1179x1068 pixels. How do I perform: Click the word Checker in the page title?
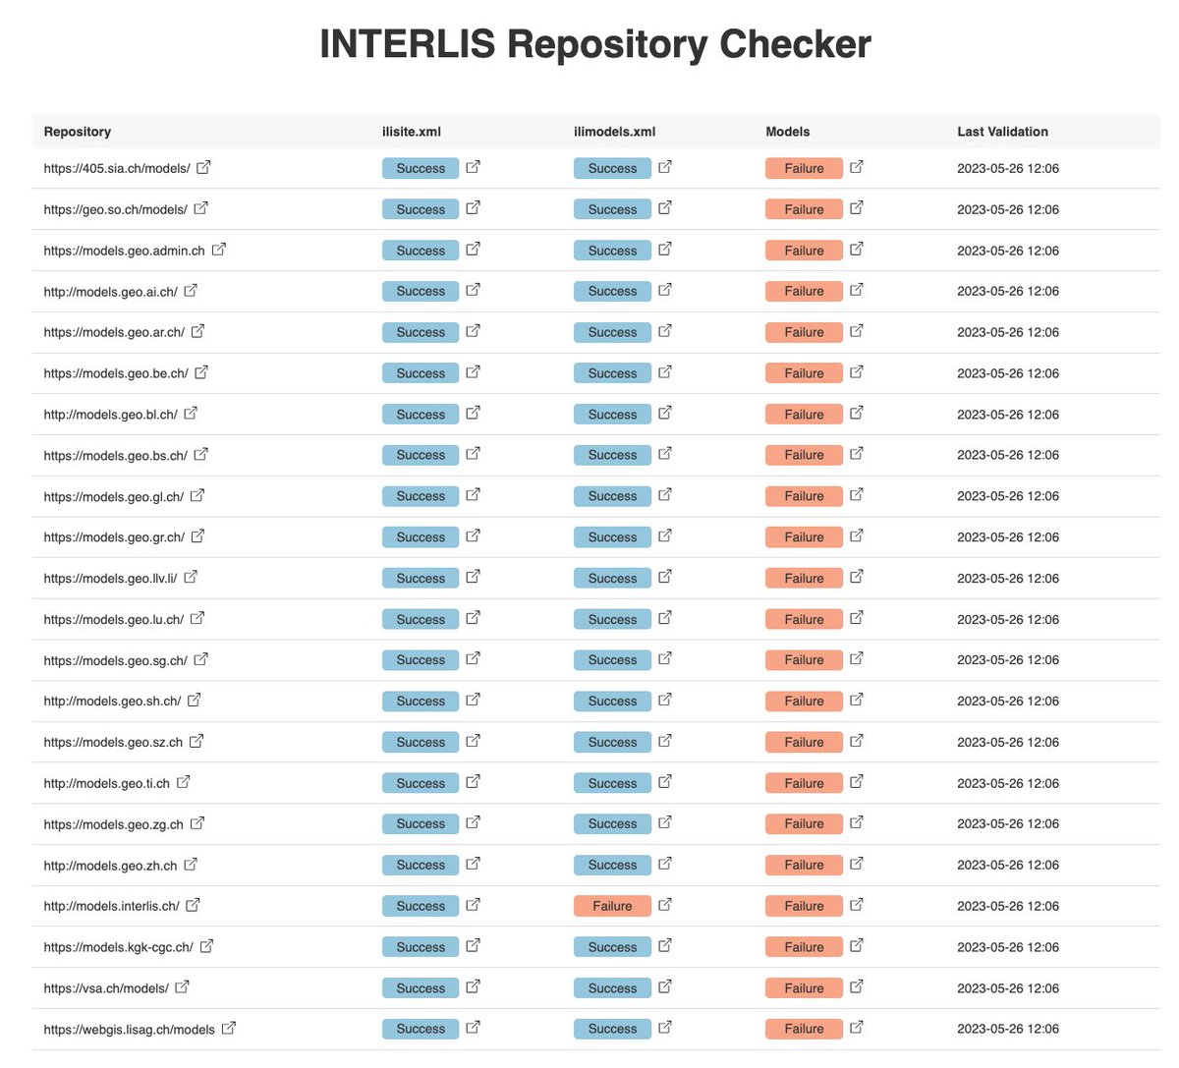coord(795,44)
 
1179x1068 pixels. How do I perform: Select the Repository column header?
coord(77,132)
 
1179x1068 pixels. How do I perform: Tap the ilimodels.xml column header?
coord(614,132)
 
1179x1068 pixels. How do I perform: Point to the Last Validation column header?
coord(1002,132)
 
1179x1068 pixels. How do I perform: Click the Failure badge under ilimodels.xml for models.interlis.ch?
coord(612,906)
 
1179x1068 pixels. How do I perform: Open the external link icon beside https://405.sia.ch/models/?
coord(203,167)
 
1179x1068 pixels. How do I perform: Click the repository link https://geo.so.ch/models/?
coord(115,209)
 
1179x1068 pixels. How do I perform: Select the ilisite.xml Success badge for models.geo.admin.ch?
coord(421,251)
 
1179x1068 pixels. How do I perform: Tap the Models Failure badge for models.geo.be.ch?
coord(804,373)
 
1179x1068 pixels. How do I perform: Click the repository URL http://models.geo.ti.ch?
coord(106,783)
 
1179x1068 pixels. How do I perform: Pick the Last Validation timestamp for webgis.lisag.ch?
coord(1007,1029)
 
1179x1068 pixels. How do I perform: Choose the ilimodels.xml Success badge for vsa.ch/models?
coord(612,988)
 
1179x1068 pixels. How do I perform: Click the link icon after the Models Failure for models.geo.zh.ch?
coord(857,864)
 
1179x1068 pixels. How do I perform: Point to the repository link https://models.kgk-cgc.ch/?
coord(118,947)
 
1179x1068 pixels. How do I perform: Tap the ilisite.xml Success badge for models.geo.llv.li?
coord(421,579)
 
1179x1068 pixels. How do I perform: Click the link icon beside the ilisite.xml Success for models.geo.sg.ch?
coord(473,658)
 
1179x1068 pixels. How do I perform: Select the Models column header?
coord(788,132)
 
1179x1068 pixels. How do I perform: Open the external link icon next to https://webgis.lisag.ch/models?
coord(229,1028)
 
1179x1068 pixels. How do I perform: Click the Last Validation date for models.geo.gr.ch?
coord(1007,537)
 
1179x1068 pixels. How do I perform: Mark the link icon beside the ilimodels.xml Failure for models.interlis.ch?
coord(665,905)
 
